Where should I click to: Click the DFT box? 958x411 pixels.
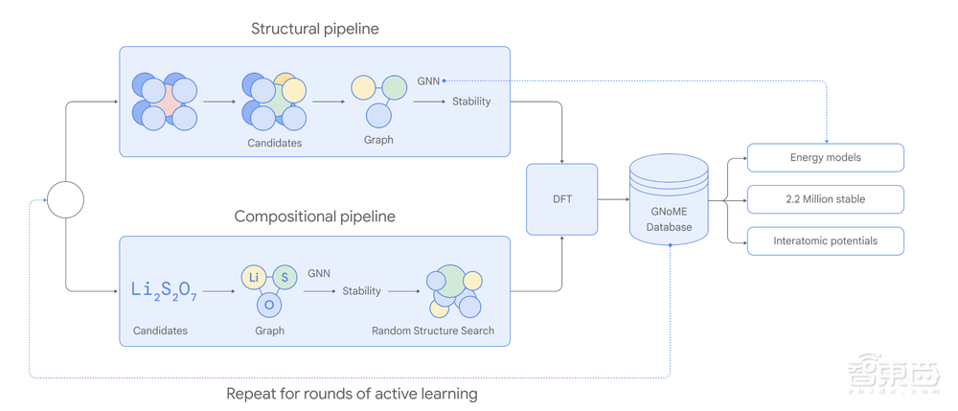(562, 199)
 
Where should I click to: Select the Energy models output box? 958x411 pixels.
(826, 157)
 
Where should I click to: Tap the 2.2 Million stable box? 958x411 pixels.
(826, 199)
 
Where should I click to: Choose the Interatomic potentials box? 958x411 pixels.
(826, 241)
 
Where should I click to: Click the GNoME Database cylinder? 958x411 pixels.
(669, 202)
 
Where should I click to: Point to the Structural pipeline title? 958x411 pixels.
(314, 29)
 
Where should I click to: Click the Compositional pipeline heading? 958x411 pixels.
(314, 217)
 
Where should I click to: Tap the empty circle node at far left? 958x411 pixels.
(66, 199)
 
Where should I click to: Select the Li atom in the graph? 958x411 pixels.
(254, 277)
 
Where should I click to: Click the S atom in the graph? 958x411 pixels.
(285, 277)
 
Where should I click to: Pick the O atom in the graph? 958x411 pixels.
(269, 305)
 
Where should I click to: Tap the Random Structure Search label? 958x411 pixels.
(433, 331)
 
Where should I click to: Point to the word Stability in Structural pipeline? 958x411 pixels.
(471, 101)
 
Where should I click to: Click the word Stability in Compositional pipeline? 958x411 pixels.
(361, 290)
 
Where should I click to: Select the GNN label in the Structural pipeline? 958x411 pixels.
(428, 80)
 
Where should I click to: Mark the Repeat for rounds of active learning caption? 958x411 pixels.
(352, 393)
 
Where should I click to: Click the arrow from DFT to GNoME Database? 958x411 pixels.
(612, 199)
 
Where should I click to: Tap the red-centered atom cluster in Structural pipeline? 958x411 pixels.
(165, 101)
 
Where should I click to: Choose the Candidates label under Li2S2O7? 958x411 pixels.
(160, 331)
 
